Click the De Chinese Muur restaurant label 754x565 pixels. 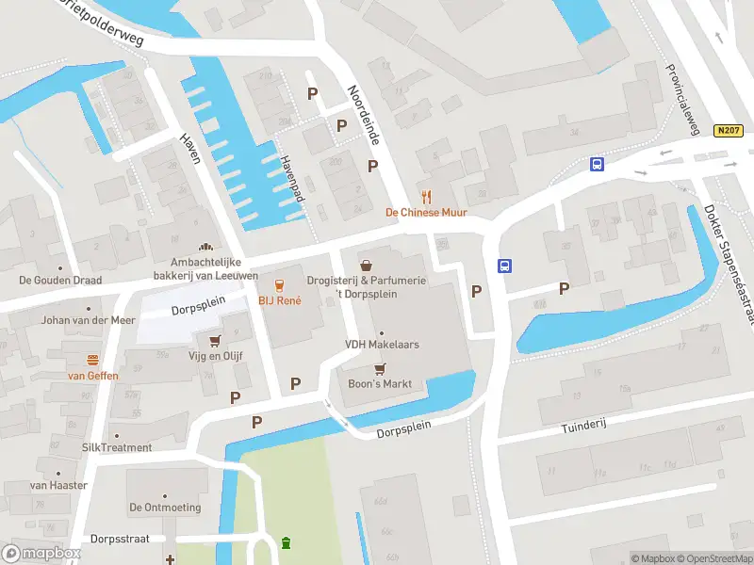426,213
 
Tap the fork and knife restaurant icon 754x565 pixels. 426,196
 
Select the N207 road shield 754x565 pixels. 727,132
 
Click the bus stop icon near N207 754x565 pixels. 597,165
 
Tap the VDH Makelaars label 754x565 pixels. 382,345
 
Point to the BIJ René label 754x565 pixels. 280,301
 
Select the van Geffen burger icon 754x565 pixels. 92,360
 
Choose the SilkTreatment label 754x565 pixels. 117,447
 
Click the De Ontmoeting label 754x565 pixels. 165,508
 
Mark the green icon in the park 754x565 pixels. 287,543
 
